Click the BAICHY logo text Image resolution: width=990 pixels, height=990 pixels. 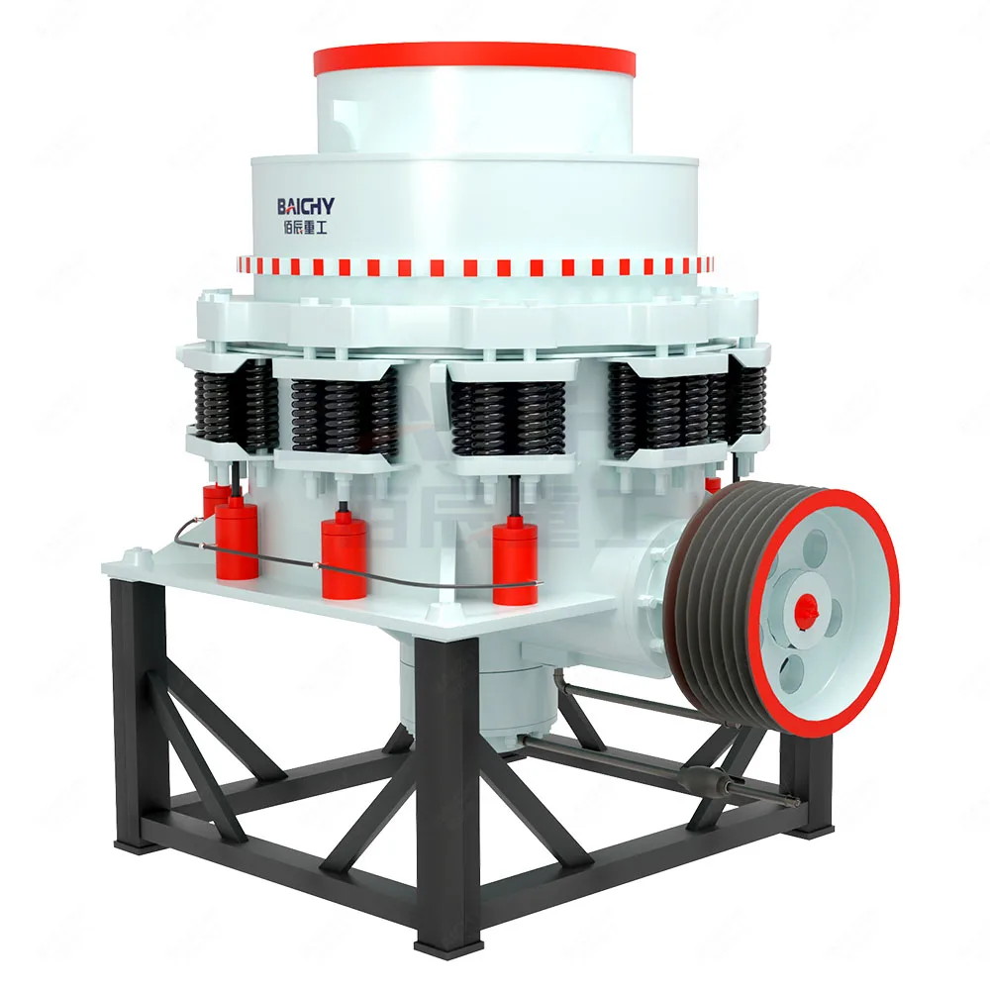coord(305,206)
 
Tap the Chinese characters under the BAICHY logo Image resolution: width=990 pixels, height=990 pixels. coord(305,227)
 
